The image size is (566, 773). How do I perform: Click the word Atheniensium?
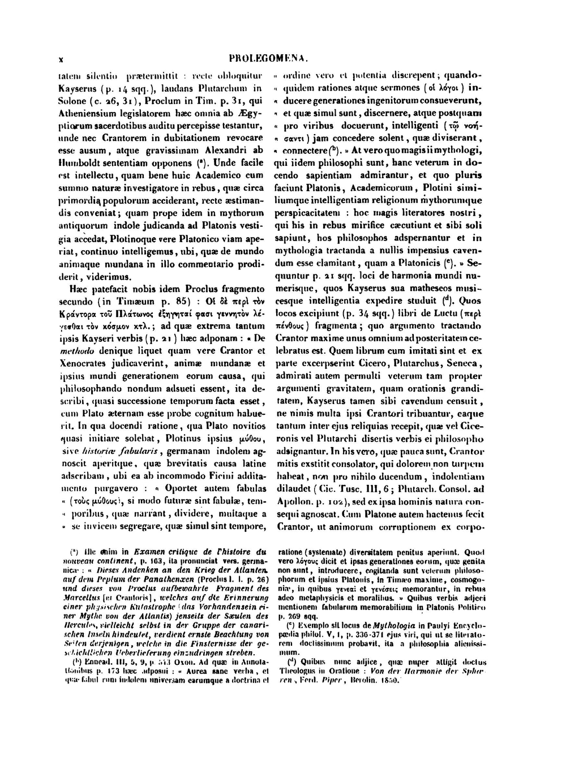pos(87,115)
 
